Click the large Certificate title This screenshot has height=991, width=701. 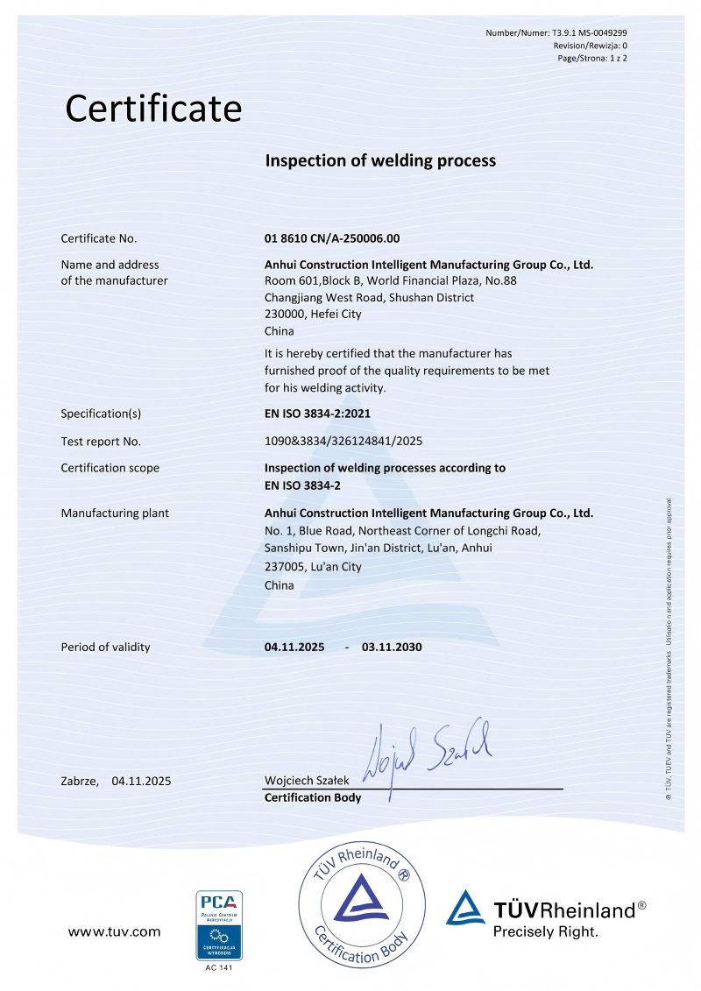[x=153, y=109]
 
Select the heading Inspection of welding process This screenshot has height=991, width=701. [x=380, y=161]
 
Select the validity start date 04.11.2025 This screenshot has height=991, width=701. [x=294, y=648]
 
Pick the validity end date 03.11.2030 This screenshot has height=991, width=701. [x=392, y=648]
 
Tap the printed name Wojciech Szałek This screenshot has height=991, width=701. [x=308, y=781]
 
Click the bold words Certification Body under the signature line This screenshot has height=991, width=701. [x=313, y=798]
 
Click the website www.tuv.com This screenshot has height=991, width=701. [x=114, y=932]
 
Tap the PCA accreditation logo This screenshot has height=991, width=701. [x=218, y=924]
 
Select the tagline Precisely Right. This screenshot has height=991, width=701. [x=545, y=932]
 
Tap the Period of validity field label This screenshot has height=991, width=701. [x=105, y=648]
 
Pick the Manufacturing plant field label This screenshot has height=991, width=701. [x=115, y=513]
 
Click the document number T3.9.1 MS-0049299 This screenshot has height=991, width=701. [x=590, y=32]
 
